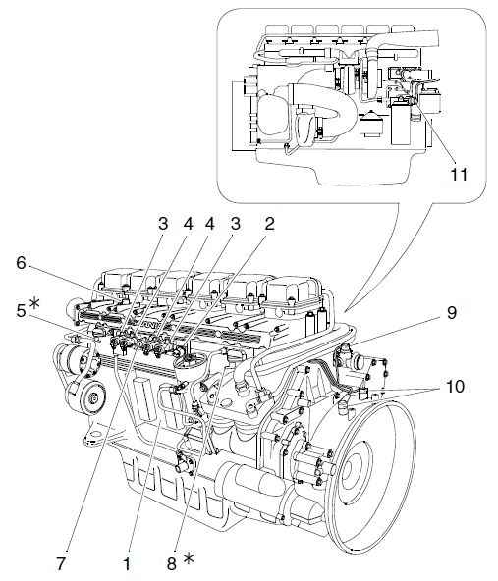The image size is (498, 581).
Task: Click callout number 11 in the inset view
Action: coord(459,174)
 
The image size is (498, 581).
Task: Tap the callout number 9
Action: coord(451,313)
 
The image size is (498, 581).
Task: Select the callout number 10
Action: coord(455,387)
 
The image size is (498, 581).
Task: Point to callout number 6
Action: coord(22,263)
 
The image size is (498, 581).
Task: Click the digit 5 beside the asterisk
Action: coord(22,311)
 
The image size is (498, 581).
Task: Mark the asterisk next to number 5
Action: coord(34,303)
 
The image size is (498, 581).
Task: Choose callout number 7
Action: coord(61,564)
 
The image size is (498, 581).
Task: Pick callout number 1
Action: coord(127,564)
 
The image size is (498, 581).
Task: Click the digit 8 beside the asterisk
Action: coord(171,564)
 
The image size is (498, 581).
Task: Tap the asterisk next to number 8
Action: coord(189,558)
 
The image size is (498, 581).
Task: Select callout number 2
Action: coord(269,224)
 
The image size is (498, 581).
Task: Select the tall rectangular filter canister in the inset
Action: coord(400,121)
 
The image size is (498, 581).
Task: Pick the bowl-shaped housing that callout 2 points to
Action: coord(190,365)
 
